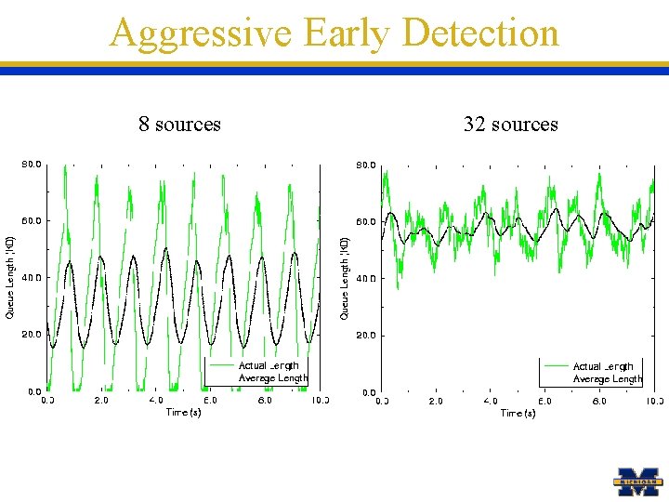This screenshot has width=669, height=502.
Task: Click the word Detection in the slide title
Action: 481,33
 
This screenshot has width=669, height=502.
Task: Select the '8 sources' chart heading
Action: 179,124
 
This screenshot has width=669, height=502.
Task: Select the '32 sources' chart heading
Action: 510,124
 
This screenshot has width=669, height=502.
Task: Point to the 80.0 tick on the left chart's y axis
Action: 31,165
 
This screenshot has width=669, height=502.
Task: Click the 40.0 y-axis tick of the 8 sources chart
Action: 31,278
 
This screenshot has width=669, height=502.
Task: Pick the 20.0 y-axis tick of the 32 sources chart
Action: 365,336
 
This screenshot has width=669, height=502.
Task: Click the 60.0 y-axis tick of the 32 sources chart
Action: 365,222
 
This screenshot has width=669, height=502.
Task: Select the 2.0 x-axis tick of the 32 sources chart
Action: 436,402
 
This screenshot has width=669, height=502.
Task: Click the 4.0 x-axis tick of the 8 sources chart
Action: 156,401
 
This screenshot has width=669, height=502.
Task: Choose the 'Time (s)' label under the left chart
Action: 183,412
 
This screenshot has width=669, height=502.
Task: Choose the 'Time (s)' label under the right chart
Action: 518,413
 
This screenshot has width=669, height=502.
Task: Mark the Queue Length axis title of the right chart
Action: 345,277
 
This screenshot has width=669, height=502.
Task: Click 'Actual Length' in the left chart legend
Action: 269,365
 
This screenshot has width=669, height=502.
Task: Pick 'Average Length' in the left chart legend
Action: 272,377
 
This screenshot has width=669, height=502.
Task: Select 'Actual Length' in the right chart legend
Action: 603,366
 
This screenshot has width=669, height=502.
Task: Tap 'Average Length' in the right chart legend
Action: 607,378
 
